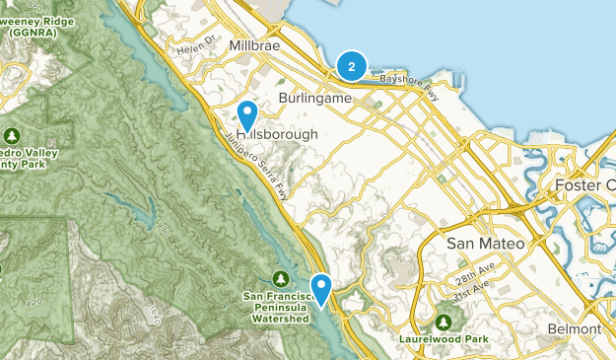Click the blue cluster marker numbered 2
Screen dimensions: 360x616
point(351,66)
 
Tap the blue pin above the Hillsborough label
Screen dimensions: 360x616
point(248,114)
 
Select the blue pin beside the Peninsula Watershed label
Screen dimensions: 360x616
point(322,289)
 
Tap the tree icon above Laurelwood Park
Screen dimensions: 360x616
point(444,323)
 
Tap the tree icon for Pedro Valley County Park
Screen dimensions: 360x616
point(11,135)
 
